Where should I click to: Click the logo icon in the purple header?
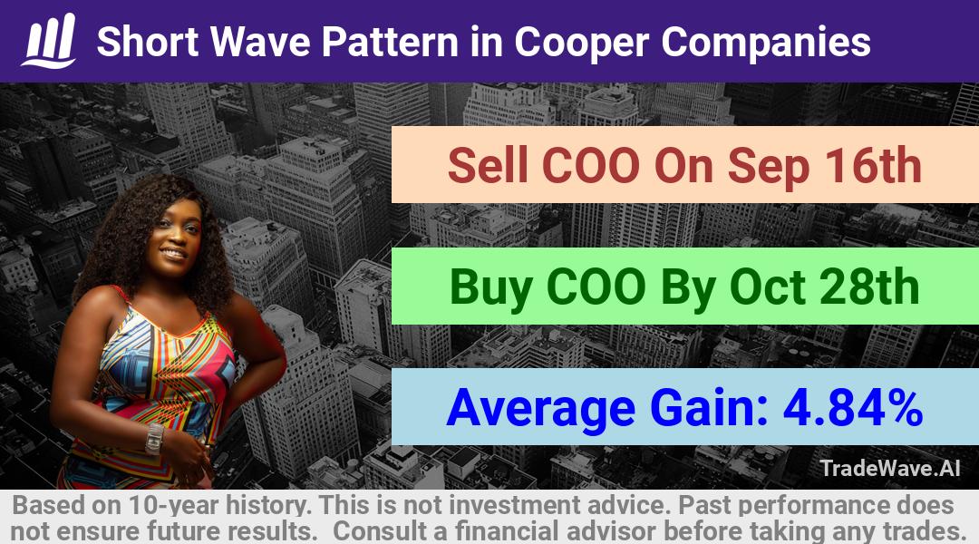coord(49,40)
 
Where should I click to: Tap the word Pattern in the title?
coord(390,42)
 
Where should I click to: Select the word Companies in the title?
coord(765,44)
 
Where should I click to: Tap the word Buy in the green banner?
coord(492,288)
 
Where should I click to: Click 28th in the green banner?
coord(868,287)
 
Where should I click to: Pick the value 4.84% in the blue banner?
coord(853,407)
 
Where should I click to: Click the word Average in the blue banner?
coord(540,409)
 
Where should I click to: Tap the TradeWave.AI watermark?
coord(890,469)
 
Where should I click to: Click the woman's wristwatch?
coord(153,439)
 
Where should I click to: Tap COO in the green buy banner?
coord(596,287)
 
